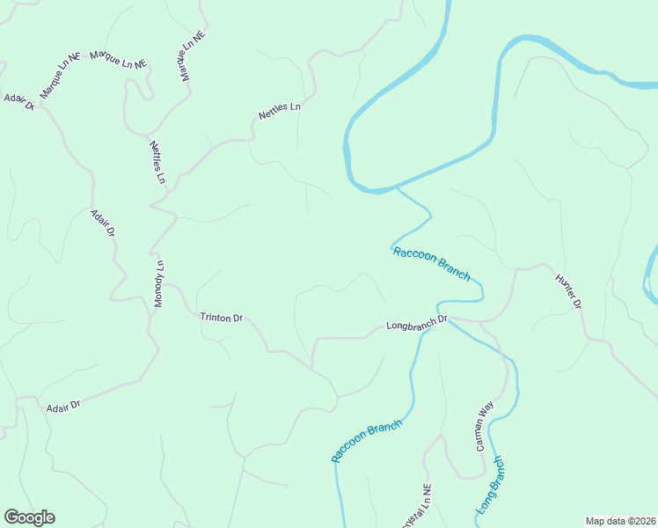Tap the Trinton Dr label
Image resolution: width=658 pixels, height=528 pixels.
pyautogui.click(x=221, y=318)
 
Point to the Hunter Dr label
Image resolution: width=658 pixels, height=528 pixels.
pyautogui.click(x=568, y=291)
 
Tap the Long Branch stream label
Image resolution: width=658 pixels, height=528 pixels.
pyautogui.click(x=491, y=485)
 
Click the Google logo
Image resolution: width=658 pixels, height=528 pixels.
pyautogui.click(x=29, y=517)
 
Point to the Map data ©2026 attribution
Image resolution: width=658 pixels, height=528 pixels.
pyautogui.click(x=620, y=521)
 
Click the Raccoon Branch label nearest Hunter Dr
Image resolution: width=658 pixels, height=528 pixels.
pyautogui.click(x=431, y=263)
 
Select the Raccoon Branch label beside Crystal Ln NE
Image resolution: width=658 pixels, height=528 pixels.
pyautogui.click(x=366, y=441)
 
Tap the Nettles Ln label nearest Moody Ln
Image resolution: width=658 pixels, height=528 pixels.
pyautogui.click(x=157, y=162)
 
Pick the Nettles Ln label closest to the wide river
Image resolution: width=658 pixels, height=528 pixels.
pyautogui.click(x=279, y=111)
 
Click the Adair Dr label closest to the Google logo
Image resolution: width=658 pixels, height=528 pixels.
pyautogui.click(x=62, y=405)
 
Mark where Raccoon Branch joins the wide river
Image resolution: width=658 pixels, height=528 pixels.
pyautogui.click(x=398, y=187)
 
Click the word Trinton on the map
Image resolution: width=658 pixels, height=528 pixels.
pyautogui.click(x=215, y=318)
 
